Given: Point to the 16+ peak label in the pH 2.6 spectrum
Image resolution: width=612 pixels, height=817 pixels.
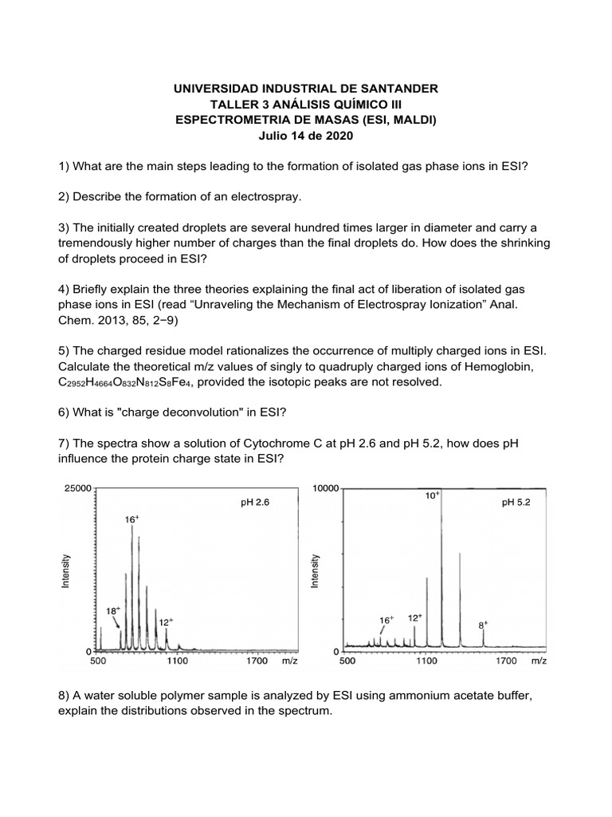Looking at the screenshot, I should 132,519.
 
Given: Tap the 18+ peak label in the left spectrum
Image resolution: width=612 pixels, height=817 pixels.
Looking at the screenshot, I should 114,610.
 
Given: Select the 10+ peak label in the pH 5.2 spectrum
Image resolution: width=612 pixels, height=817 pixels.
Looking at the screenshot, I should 432,495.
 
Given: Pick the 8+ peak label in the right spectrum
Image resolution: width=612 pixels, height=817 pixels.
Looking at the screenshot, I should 484,626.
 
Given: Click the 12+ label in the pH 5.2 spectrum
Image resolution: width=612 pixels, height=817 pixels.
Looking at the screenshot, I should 415,618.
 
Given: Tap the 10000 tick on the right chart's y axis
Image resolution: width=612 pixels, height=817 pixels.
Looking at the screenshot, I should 327,487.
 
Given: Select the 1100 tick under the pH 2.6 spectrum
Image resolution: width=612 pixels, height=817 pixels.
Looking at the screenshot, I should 177,661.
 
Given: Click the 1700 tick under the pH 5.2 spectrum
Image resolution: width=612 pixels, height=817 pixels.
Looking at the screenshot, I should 505,661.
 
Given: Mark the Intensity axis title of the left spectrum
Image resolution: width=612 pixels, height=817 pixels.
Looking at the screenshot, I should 67,572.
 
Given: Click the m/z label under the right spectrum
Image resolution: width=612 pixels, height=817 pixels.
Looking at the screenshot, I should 539,661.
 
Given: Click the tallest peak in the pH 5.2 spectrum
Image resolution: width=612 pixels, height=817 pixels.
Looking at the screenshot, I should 441,558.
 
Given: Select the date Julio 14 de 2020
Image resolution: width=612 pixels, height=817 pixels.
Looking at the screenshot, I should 305,136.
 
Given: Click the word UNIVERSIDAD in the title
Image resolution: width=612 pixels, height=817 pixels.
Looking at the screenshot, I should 218,88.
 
